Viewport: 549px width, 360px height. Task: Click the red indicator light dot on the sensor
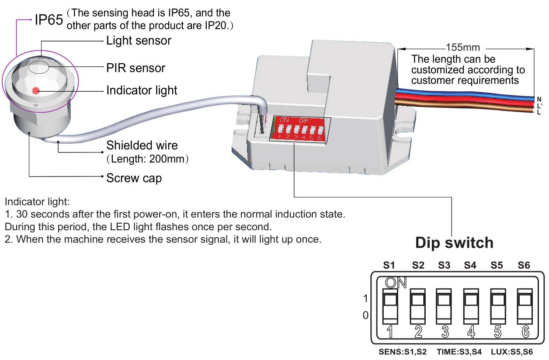coord(36,91)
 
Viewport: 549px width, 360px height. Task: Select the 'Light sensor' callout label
coord(139,41)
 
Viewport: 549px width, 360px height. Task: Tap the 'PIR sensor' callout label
coord(136,68)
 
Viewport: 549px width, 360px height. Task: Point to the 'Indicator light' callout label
coord(142,90)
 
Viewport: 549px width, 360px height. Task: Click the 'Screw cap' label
coord(134,178)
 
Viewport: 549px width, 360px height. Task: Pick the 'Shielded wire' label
coord(142,145)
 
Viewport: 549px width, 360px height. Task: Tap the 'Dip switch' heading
coord(454,243)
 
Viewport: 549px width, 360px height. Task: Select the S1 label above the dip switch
coord(389,265)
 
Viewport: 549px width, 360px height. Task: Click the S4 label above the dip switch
coord(470,265)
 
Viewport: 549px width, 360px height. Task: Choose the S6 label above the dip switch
coord(524,265)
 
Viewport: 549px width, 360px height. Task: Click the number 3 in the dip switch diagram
coord(445,332)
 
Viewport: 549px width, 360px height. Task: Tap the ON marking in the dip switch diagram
coord(396,283)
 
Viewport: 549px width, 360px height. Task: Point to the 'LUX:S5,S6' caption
coord(512,352)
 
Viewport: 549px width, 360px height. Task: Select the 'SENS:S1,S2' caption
coord(402,352)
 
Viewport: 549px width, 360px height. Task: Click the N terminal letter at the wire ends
coord(539,99)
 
